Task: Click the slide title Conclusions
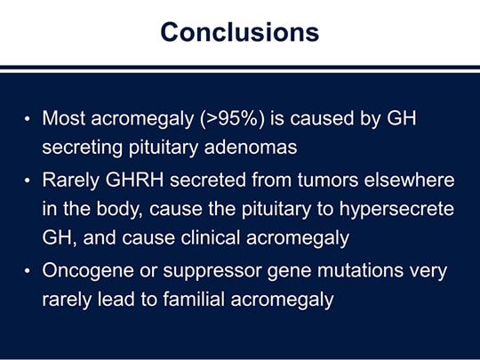pyautogui.click(x=240, y=32)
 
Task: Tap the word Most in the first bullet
pyautogui.click(x=64, y=118)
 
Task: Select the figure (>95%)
pyautogui.click(x=232, y=118)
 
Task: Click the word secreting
pyautogui.click(x=82, y=148)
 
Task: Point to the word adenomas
pyautogui.click(x=251, y=148)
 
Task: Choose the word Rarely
pyautogui.click(x=71, y=180)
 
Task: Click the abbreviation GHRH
pyautogui.click(x=135, y=180)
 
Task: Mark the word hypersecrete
pyautogui.click(x=396, y=210)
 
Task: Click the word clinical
pyautogui.click(x=211, y=238)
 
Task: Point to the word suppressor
pyautogui.click(x=212, y=271)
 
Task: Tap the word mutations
pyautogui.click(x=360, y=270)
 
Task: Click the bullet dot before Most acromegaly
pyautogui.click(x=28, y=119)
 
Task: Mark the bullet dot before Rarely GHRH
pyautogui.click(x=28, y=180)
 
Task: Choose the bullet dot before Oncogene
pyautogui.click(x=28, y=271)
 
